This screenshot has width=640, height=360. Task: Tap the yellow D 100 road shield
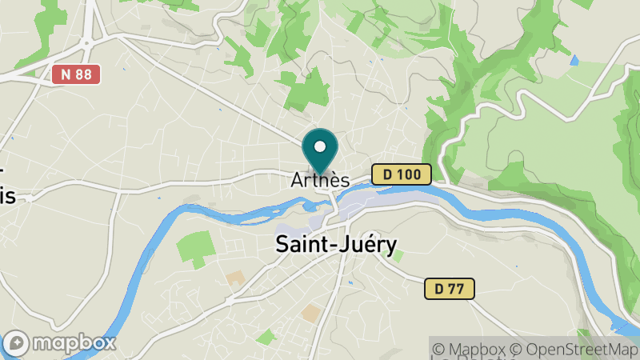pyautogui.click(x=401, y=174)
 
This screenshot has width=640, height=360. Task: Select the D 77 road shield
pyautogui.click(x=449, y=288)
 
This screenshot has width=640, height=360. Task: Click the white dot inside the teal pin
pyautogui.click(x=321, y=147)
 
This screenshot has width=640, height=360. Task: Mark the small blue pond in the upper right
pyautogui.click(x=574, y=60)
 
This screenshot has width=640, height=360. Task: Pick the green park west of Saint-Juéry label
pyautogui.click(x=194, y=249)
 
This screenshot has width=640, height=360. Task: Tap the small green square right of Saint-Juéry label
pyautogui.click(x=398, y=256)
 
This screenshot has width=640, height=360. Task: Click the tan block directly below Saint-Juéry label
pyautogui.click(x=310, y=313)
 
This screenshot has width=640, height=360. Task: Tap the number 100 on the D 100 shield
pyautogui.click(x=410, y=174)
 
